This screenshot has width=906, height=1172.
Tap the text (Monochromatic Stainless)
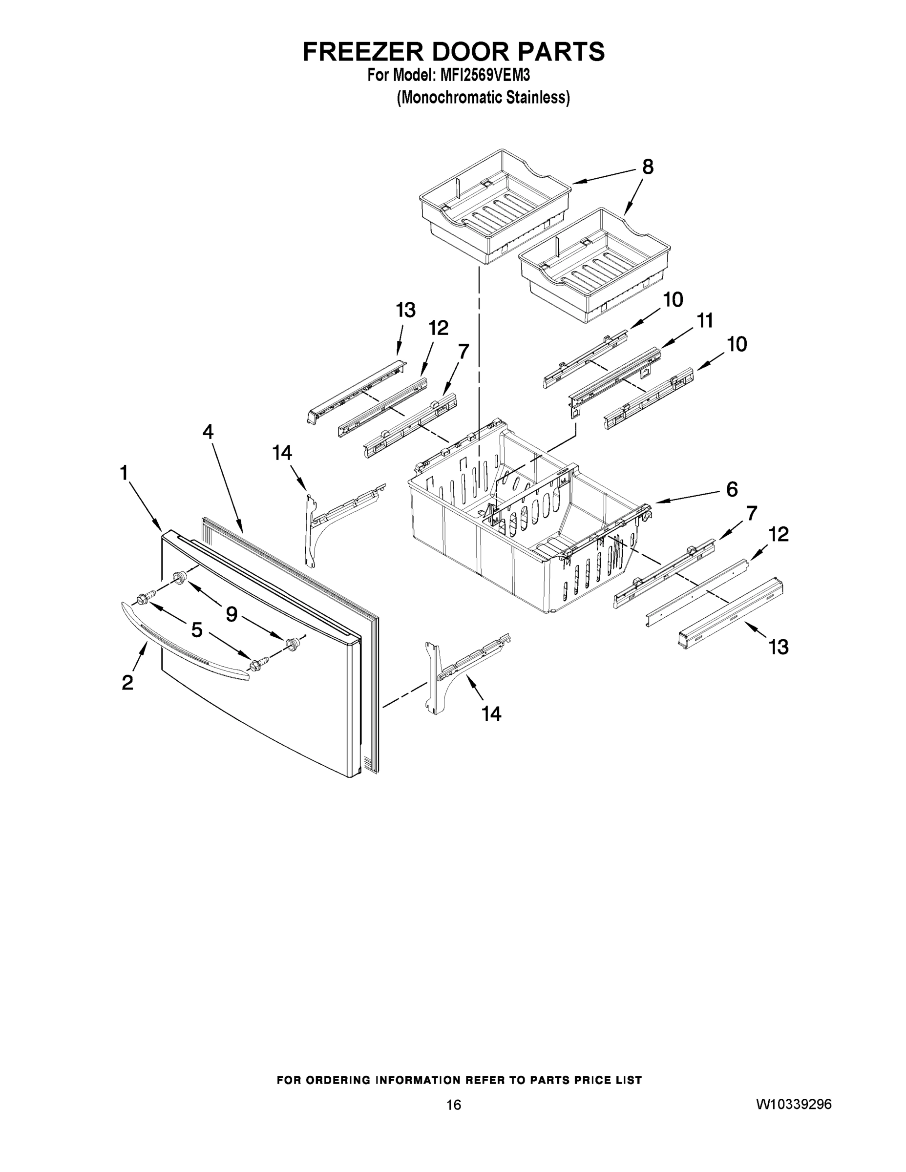[483, 98]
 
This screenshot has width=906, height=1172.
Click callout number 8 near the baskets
[648, 167]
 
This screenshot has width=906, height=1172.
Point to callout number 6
[732, 489]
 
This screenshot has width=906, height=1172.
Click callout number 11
[705, 321]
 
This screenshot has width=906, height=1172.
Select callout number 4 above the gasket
[208, 432]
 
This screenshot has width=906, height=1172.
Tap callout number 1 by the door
[124, 473]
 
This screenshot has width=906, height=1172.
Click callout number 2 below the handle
[127, 683]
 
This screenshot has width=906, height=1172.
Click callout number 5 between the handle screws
[197, 629]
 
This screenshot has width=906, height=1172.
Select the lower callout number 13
[778, 647]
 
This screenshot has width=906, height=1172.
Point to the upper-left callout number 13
[406, 310]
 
